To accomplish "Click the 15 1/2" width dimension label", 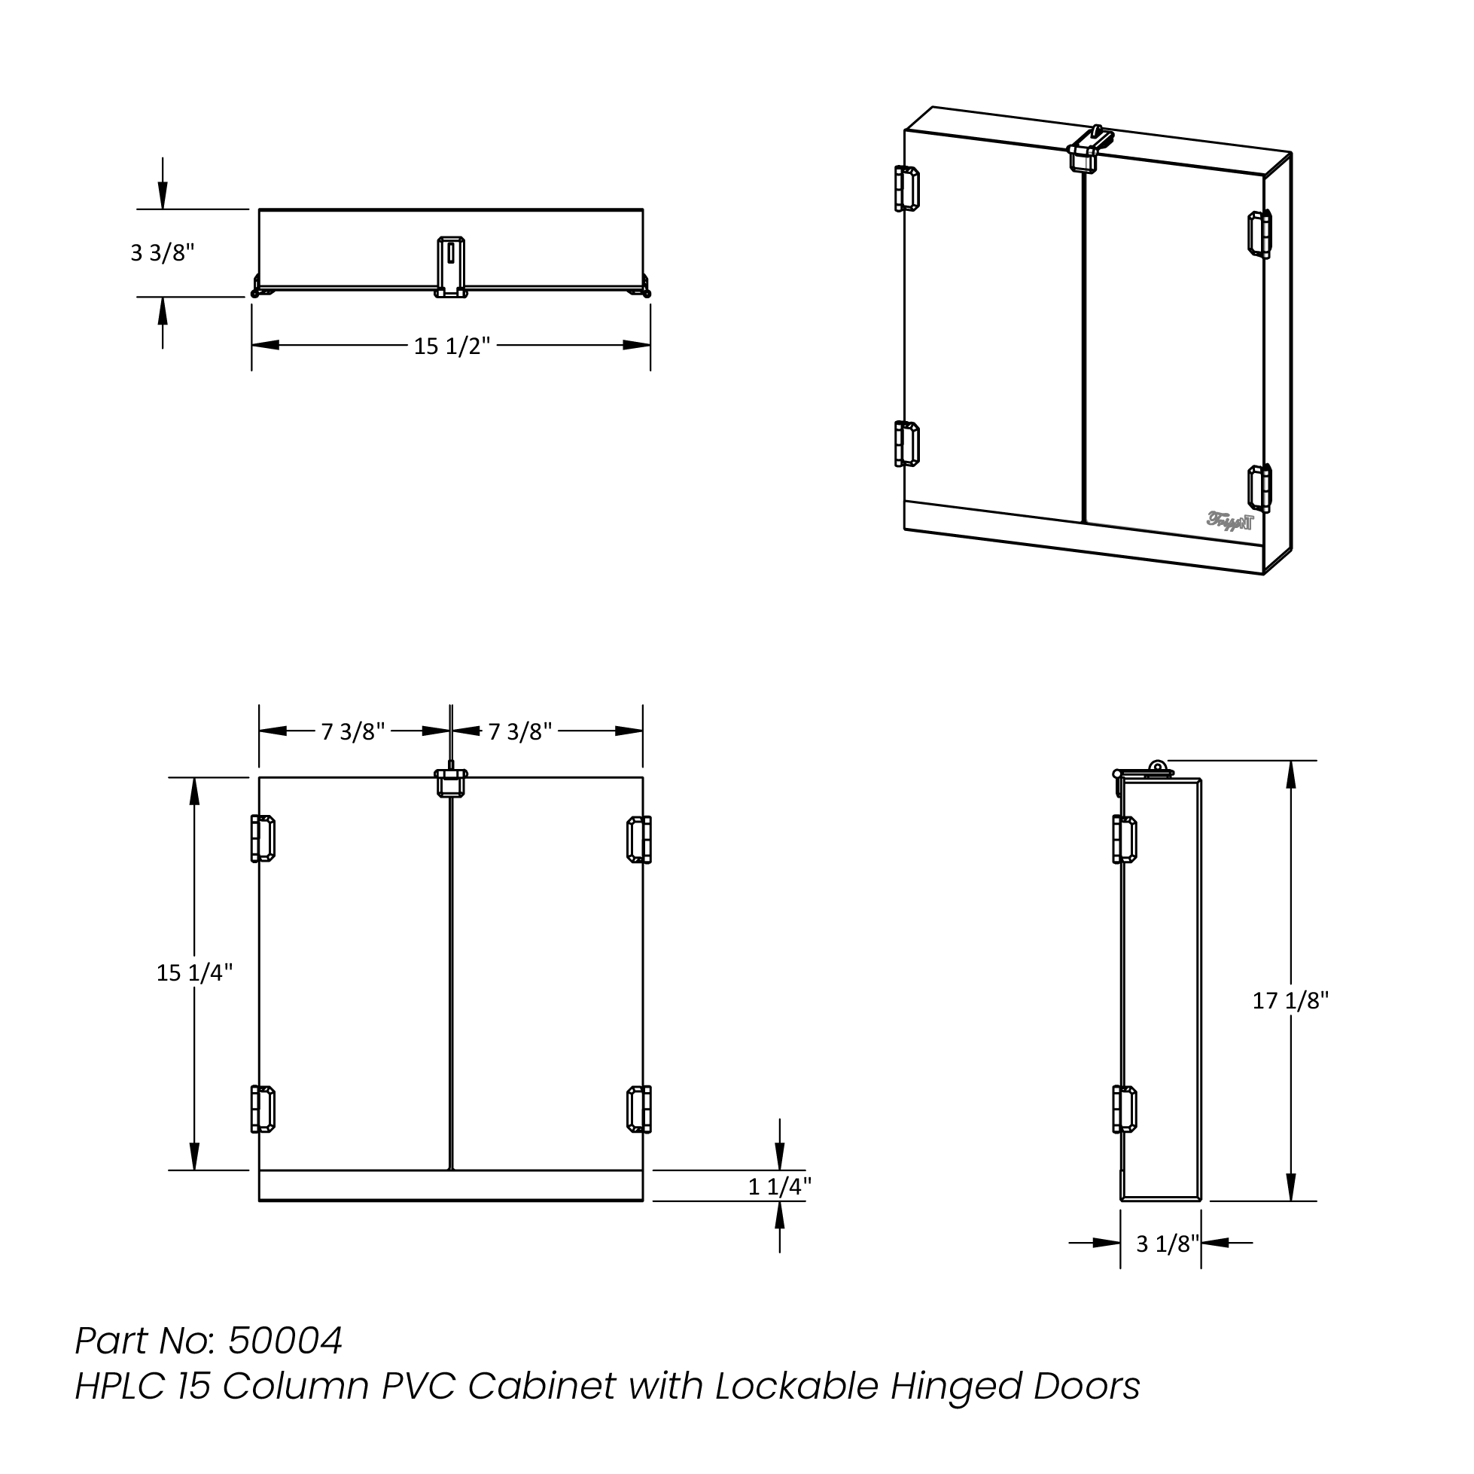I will pos(451,346).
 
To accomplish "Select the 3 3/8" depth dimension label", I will pos(163,252).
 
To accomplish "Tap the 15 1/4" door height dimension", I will pos(193,973).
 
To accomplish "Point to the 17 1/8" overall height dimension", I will pos(1290,1001).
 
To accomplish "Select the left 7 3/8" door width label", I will pos(352,732).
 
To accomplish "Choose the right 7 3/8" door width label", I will pos(519,732).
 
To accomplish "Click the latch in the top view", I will pos(450,267).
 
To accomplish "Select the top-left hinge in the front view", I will pos(263,839).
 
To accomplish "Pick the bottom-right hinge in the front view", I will pos(638,1109).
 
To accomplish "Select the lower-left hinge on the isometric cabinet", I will pos(906,444).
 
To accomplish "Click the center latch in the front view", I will pos(450,783).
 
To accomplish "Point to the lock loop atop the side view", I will pos(1157,768).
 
